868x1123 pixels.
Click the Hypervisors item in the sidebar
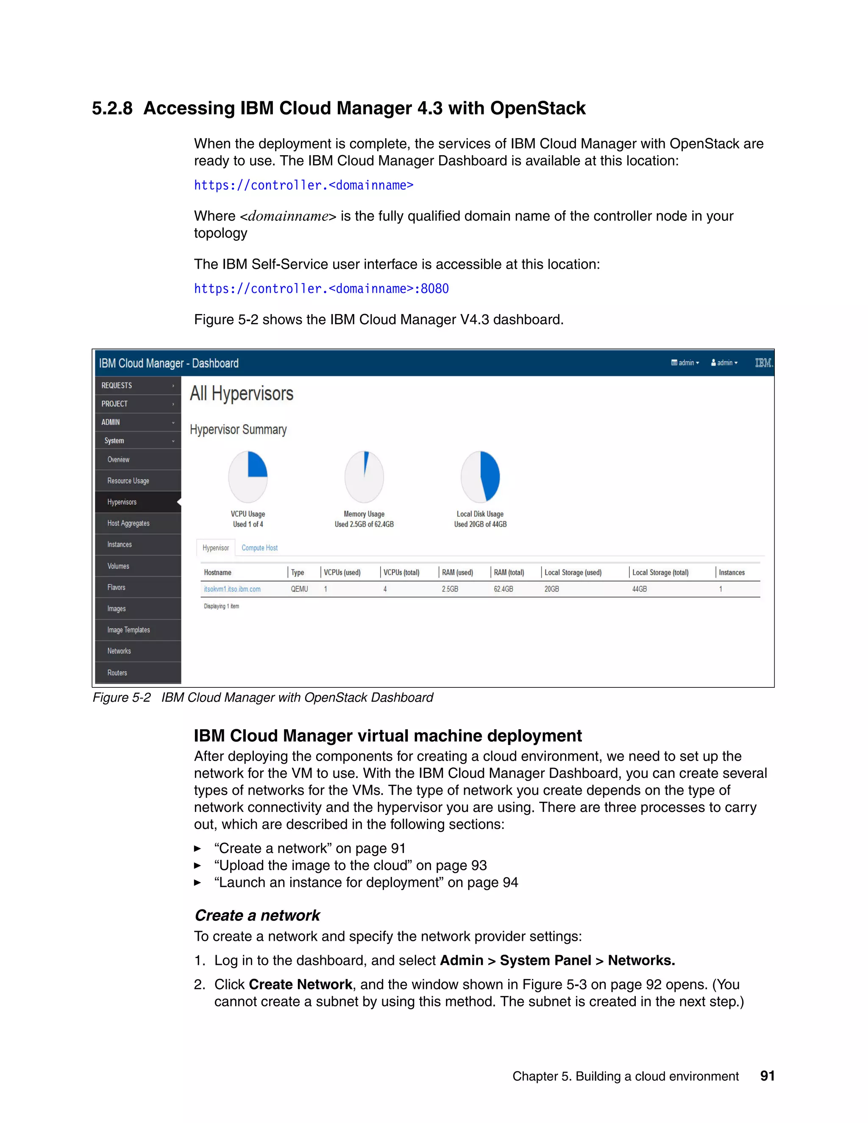tap(122, 502)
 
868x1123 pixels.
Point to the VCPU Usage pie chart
tap(248, 477)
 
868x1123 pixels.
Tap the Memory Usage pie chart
tap(364, 477)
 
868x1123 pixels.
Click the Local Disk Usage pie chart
tap(480, 477)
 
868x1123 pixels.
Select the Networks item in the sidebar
tap(119, 651)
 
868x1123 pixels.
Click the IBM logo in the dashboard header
tap(763, 363)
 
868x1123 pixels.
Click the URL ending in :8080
tap(321, 289)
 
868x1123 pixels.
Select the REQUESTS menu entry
tap(117, 385)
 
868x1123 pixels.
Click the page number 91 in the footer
tap(767, 1076)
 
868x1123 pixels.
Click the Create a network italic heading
tap(257, 915)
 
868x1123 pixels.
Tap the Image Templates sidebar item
tap(128, 630)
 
